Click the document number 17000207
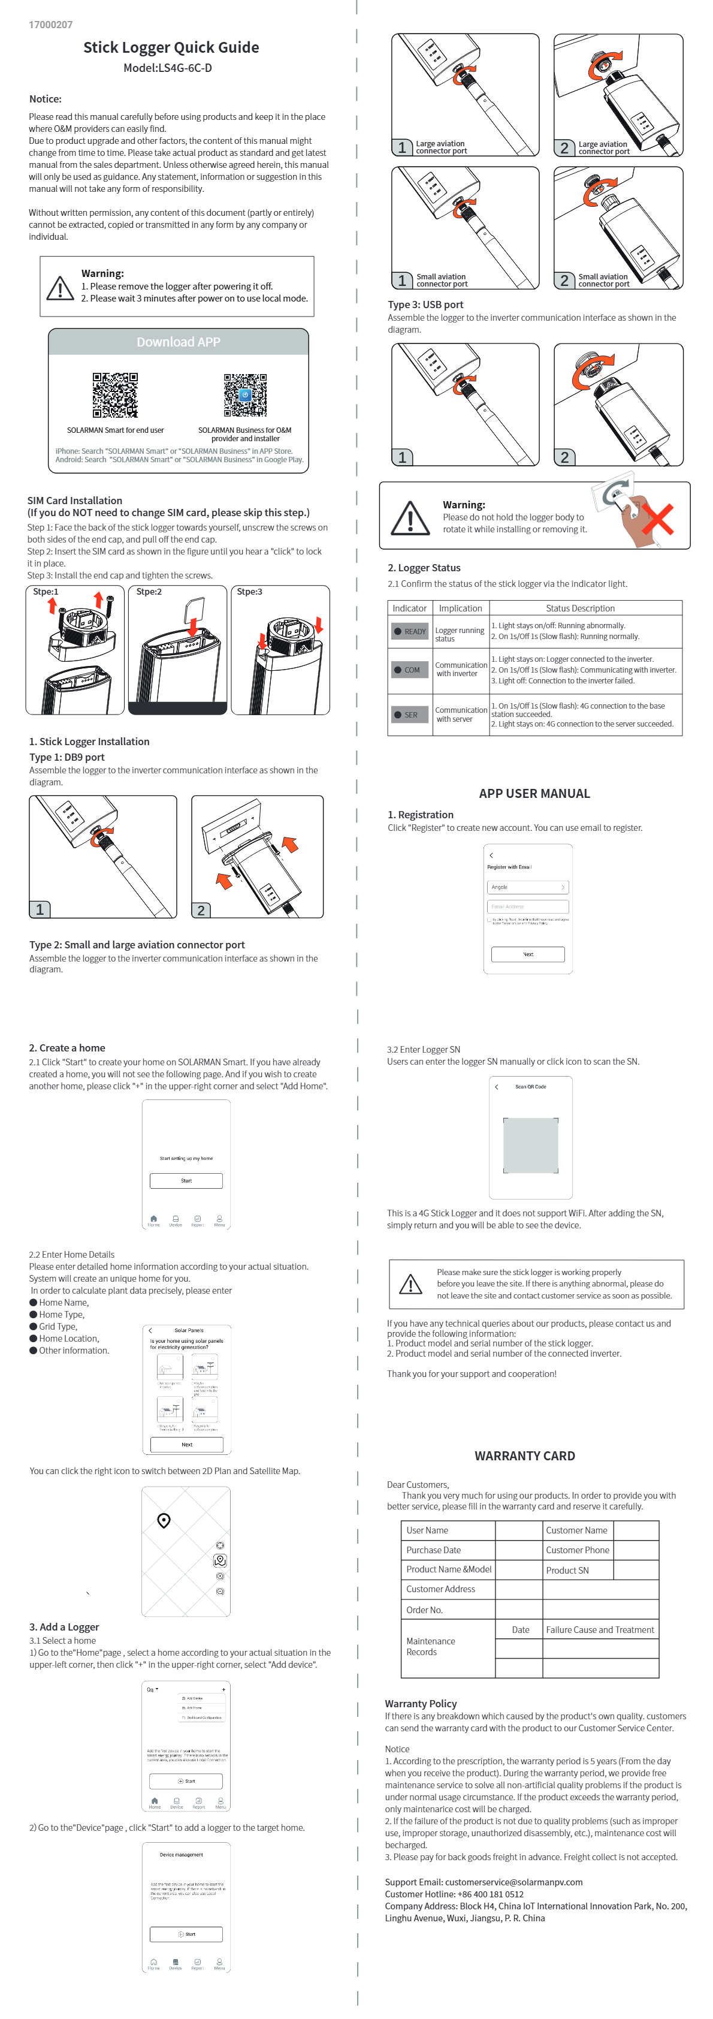pos(50,25)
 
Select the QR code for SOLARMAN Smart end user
pos(115,395)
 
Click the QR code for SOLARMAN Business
pos(244,395)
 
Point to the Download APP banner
pos(178,342)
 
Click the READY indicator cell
pos(410,631)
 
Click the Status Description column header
pos(580,608)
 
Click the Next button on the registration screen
pos(527,954)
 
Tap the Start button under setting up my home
pos(186,1180)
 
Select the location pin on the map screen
pos(164,1520)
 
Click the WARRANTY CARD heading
pos(524,1456)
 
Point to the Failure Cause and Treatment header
pos(599,1629)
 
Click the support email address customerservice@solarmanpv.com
pos(513,1882)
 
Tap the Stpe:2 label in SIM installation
pos(149,592)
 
